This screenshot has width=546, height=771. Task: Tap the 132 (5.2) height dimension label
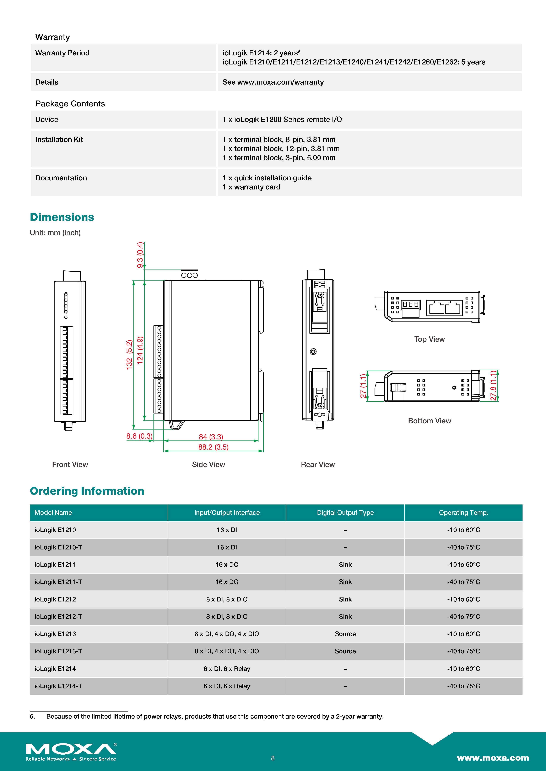[129, 355]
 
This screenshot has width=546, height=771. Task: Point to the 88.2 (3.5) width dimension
[213, 447]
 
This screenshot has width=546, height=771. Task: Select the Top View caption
[429, 339]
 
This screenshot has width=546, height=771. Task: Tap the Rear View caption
[318, 464]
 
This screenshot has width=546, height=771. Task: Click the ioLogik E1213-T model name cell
[58, 651]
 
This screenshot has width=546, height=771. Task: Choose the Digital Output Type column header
[345, 512]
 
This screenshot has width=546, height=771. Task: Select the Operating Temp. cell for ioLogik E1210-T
[463, 547]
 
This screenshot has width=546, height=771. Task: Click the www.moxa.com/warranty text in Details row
[280, 82]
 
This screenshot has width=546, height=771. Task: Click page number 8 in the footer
[273, 758]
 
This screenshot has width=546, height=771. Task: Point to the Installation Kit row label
[59, 139]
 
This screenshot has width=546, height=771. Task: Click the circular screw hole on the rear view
[313, 352]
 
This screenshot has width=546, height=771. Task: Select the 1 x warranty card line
[252, 187]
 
